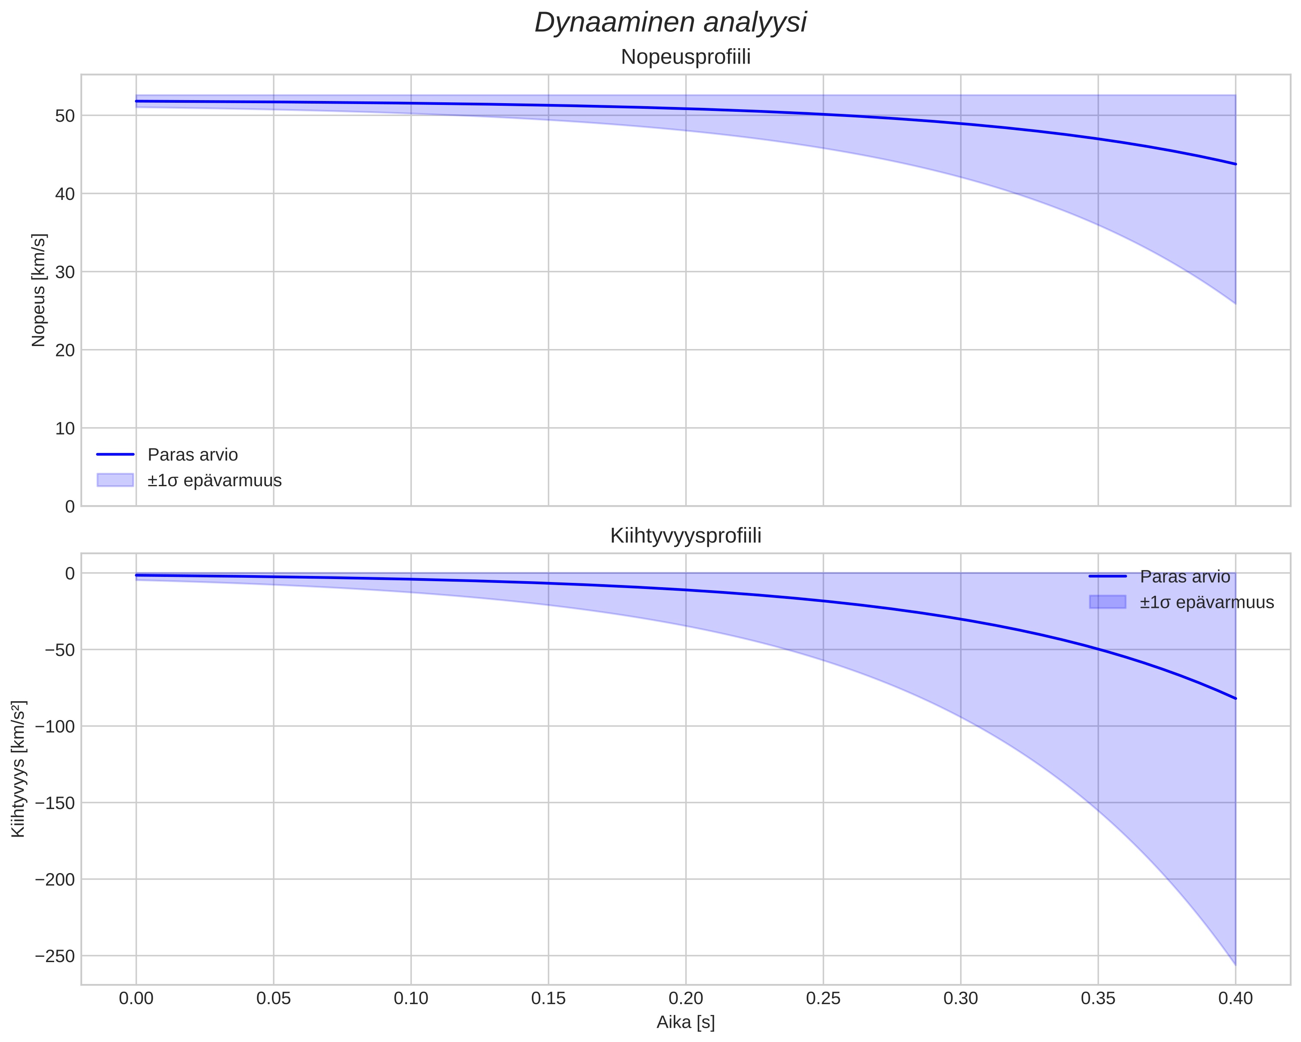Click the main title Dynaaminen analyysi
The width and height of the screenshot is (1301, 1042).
[x=670, y=23]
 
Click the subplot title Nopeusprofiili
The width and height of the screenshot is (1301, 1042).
[x=685, y=57]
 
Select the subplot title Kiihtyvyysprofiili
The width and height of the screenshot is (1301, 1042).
[x=685, y=536]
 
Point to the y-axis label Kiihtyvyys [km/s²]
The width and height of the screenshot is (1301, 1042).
[x=18, y=769]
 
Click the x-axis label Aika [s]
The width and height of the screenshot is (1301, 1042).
[x=685, y=1022]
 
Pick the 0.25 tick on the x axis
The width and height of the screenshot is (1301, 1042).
[x=823, y=999]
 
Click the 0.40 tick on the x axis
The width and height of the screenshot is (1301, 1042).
[x=1235, y=999]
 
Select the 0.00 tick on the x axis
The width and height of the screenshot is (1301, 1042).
[x=136, y=999]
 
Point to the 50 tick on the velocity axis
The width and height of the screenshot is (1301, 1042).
[x=65, y=116]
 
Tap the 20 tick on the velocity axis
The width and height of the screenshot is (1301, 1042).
[x=65, y=350]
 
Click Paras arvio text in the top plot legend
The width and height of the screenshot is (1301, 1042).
[x=192, y=455]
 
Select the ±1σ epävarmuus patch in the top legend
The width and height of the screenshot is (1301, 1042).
[x=114, y=480]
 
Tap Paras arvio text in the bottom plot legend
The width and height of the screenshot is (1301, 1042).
[x=1184, y=576]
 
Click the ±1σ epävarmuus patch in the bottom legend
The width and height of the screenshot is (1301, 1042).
[x=1107, y=602]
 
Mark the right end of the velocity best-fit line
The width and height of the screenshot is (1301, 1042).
[x=1235, y=164]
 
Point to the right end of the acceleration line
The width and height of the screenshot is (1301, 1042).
[x=1235, y=698]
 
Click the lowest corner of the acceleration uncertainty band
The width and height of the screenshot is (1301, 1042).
[x=1235, y=965]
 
